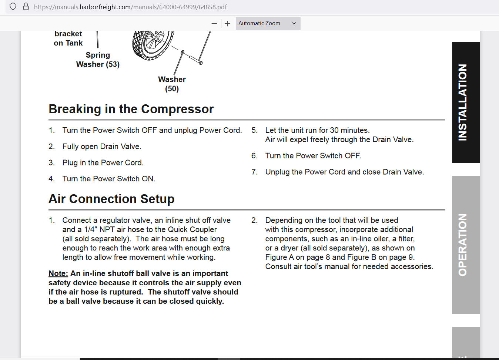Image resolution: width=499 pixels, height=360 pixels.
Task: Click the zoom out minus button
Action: (x=214, y=23)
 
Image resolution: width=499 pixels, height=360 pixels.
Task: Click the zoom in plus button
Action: (x=228, y=23)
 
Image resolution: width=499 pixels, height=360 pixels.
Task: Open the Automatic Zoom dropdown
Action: (x=268, y=23)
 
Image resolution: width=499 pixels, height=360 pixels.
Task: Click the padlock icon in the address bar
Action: (x=26, y=7)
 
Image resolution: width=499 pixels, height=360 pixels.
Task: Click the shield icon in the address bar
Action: (x=13, y=7)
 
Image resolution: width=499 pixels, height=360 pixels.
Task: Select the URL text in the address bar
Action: (x=130, y=7)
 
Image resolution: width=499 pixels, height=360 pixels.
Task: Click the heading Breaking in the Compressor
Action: (x=131, y=109)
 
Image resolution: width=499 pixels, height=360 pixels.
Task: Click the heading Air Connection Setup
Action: (x=111, y=199)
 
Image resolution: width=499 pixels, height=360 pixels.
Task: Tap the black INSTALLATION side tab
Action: (x=465, y=102)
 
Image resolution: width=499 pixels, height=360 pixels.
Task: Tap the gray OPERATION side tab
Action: (x=465, y=245)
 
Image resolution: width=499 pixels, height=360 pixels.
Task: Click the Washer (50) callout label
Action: (x=172, y=84)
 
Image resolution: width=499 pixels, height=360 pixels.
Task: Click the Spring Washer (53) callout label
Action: (x=98, y=60)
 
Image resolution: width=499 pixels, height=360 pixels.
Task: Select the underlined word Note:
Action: (x=58, y=273)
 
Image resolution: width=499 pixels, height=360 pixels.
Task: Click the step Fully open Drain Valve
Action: (x=102, y=147)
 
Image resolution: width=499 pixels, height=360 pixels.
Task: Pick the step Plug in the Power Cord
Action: (x=103, y=163)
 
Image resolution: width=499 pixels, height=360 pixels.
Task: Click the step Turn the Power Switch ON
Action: (x=109, y=179)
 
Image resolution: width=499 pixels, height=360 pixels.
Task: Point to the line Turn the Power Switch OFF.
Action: (x=313, y=156)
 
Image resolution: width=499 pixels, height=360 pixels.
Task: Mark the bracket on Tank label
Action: (x=68, y=38)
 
